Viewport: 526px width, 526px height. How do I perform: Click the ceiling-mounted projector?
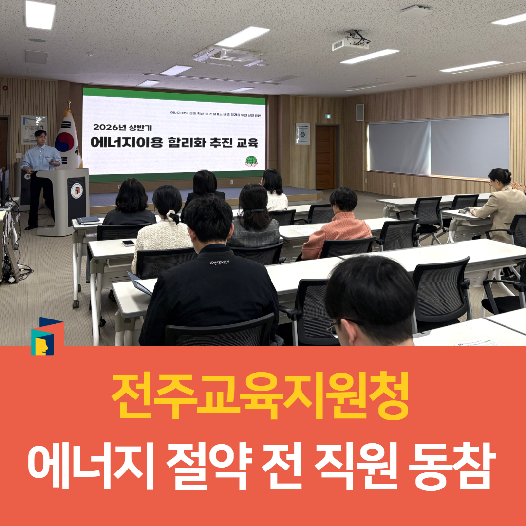350,44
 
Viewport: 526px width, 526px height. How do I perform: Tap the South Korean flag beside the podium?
67,139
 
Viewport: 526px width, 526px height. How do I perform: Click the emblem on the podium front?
76,190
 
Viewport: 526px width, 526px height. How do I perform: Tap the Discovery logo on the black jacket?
219,262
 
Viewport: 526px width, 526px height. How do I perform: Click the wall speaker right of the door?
359,112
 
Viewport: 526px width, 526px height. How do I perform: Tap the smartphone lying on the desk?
128,243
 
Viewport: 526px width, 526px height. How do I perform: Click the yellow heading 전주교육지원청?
260,398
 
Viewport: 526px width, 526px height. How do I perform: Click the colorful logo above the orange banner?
47,336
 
